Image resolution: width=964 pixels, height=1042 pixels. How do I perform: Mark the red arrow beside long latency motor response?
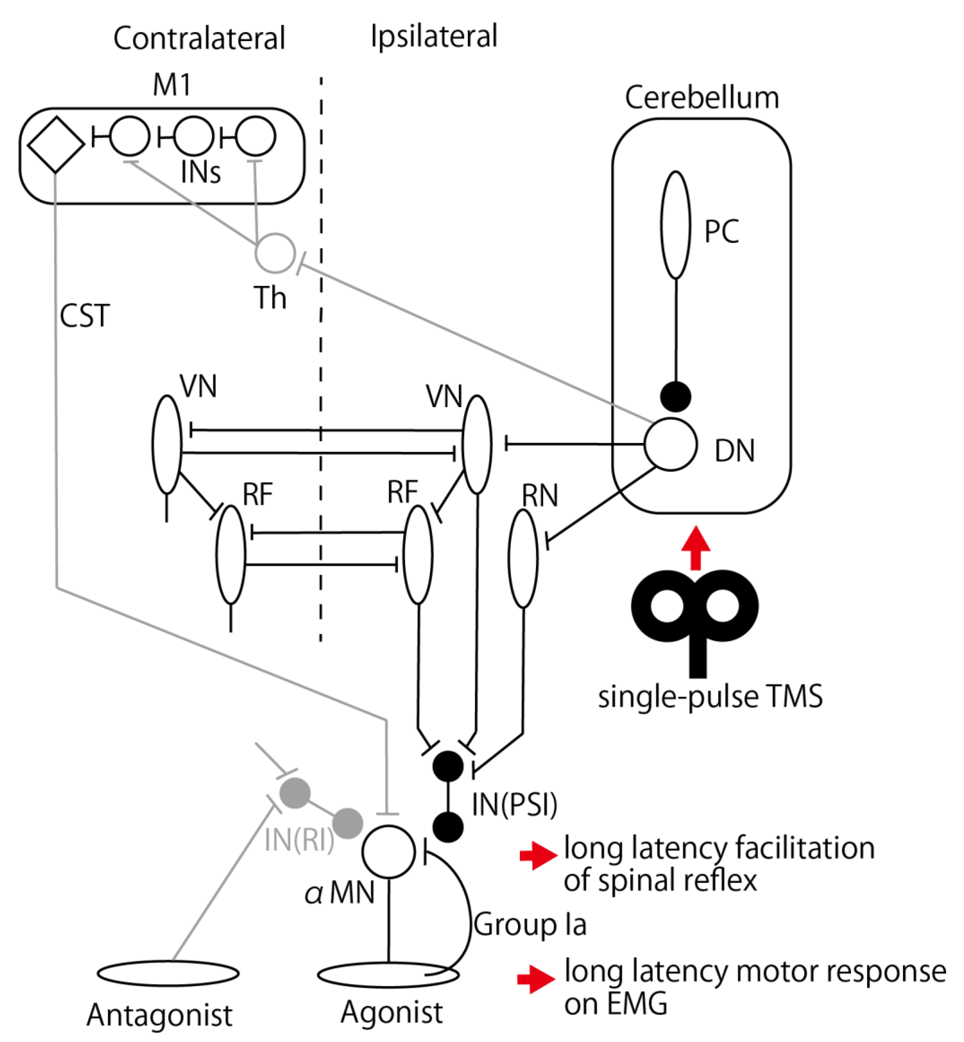pos(536,979)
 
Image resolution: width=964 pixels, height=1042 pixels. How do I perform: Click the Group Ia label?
pos(530,925)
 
